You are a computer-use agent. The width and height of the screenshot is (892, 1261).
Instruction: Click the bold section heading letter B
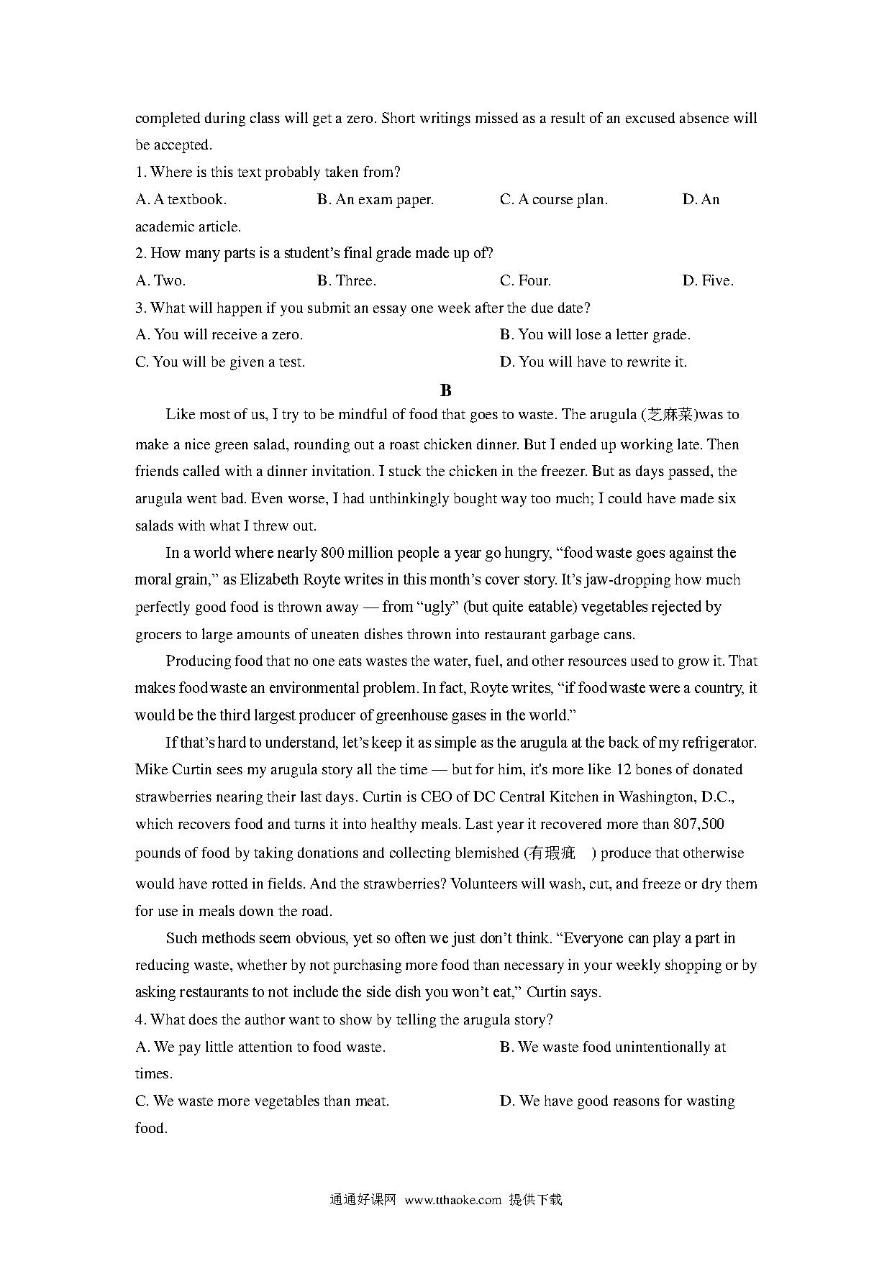click(x=445, y=390)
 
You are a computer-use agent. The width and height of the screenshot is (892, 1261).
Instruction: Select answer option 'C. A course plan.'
click(x=553, y=199)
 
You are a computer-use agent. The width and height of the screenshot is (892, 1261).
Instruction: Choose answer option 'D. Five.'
click(x=708, y=280)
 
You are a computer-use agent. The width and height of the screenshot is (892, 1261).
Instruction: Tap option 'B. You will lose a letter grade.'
click(x=595, y=334)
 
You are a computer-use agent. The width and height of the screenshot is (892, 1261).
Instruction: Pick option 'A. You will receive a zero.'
click(x=219, y=334)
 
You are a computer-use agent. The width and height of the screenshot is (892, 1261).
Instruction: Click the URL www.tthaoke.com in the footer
click(x=452, y=1199)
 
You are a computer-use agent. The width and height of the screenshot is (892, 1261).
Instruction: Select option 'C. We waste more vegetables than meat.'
click(x=262, y=1101)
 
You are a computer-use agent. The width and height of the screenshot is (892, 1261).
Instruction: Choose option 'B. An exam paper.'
click(x=375, y=199)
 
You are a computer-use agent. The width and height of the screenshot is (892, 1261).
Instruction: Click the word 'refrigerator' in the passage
click(x=717, y=742)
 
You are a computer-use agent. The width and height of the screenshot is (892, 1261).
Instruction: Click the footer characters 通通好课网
click(x=363, y=1199)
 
